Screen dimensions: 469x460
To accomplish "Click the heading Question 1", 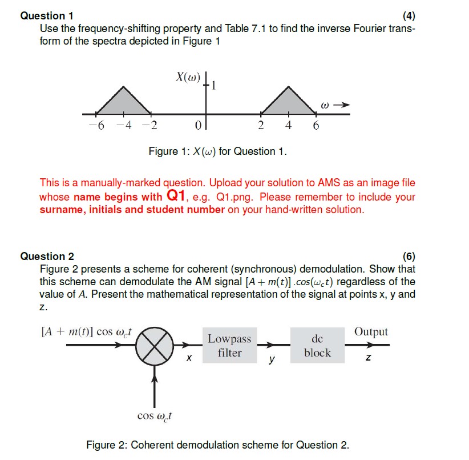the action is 46,16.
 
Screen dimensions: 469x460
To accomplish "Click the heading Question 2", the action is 47,257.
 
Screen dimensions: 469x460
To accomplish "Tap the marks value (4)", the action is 409,16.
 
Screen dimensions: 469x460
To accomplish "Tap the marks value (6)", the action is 409,257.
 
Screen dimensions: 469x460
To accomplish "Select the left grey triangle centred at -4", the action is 123,103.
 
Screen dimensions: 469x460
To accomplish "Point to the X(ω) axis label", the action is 188,77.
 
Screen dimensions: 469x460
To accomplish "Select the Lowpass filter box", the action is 229,346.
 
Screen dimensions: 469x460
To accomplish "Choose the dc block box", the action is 317,346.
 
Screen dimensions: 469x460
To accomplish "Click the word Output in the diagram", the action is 371,332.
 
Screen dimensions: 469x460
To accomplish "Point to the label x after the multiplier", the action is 189,359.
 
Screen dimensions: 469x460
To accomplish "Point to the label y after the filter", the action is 272,360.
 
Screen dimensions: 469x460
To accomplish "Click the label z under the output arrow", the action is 369,358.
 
